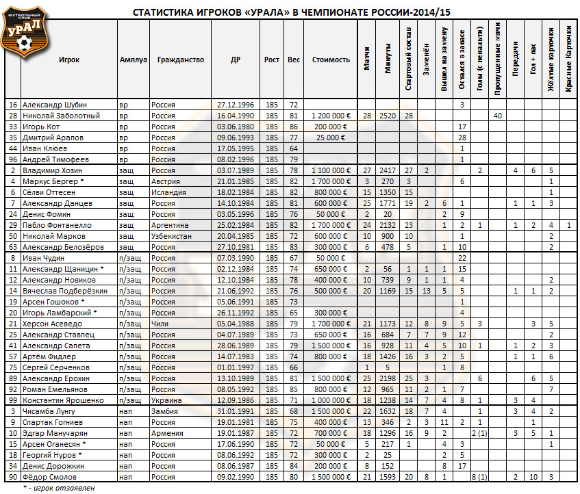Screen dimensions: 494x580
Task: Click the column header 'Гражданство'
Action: [x=180, y=60]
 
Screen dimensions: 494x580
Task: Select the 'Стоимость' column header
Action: [x=331, y=60]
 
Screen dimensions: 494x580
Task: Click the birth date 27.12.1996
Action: [x=236, y=105]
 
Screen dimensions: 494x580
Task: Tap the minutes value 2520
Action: [x=388, y=116]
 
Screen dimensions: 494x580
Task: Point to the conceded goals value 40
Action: [x=498, y=116]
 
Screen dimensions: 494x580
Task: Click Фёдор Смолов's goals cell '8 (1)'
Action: [x=480, y=477]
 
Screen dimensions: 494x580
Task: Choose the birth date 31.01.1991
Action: [x=236, y=411]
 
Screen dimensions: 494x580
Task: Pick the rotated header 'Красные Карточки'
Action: [x=568, y=60]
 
